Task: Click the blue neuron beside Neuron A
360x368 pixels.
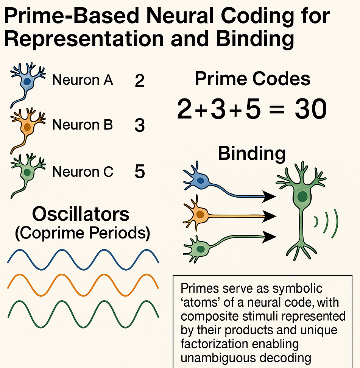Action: [x=27, y=82]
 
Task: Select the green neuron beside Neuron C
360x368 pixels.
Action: [x=26, y=172]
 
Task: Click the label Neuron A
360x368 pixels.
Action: [x=83, y=80]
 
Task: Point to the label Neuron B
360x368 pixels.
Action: [x=83, y=125]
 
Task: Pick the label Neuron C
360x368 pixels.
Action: [x=83, y=172]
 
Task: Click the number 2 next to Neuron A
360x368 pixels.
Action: [x=139, y=81]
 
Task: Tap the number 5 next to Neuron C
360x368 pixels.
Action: [x=139, y=172]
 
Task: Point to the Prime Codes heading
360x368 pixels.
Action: [x=252, y=80]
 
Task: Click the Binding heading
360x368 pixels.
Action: [x=251, y=154]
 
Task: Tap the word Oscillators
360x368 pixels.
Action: [x=81, y=214]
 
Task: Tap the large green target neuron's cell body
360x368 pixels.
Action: [x=302, y=196]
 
